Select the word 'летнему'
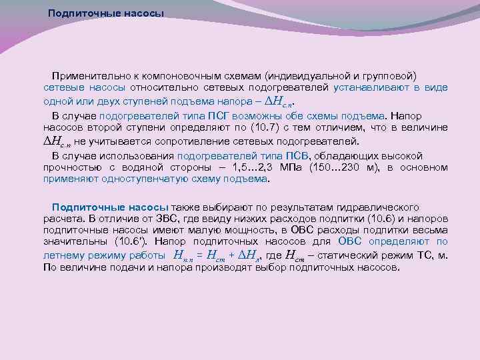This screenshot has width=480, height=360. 62,255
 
